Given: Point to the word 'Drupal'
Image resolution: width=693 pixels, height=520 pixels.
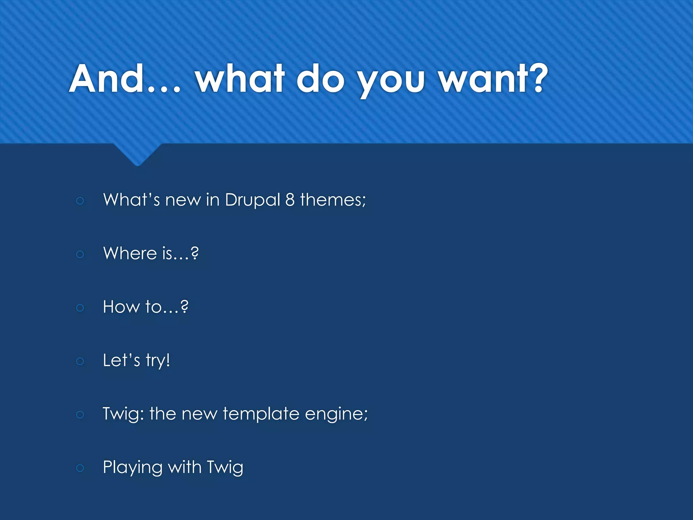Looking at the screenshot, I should tap(252, 200).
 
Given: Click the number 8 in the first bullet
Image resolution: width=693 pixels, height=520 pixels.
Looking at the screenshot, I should tap(290, 200).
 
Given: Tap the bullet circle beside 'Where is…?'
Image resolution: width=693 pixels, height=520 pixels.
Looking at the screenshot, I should tap(80, 254).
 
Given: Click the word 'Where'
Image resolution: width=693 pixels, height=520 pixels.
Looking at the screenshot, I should tap(130, 253).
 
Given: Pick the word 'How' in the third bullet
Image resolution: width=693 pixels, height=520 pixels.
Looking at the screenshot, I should tap(121, 307).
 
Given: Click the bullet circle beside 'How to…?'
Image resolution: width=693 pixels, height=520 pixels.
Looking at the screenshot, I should tap(80, 308).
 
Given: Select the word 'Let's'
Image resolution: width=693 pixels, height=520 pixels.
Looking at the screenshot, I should tap(121, 360).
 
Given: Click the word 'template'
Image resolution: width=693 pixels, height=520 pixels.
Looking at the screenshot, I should tap(261, 414).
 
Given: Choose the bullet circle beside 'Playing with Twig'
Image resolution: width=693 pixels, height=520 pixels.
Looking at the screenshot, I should tap(80, 468).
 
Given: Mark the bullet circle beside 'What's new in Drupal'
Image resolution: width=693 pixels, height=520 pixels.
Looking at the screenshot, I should tap(80, 201).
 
